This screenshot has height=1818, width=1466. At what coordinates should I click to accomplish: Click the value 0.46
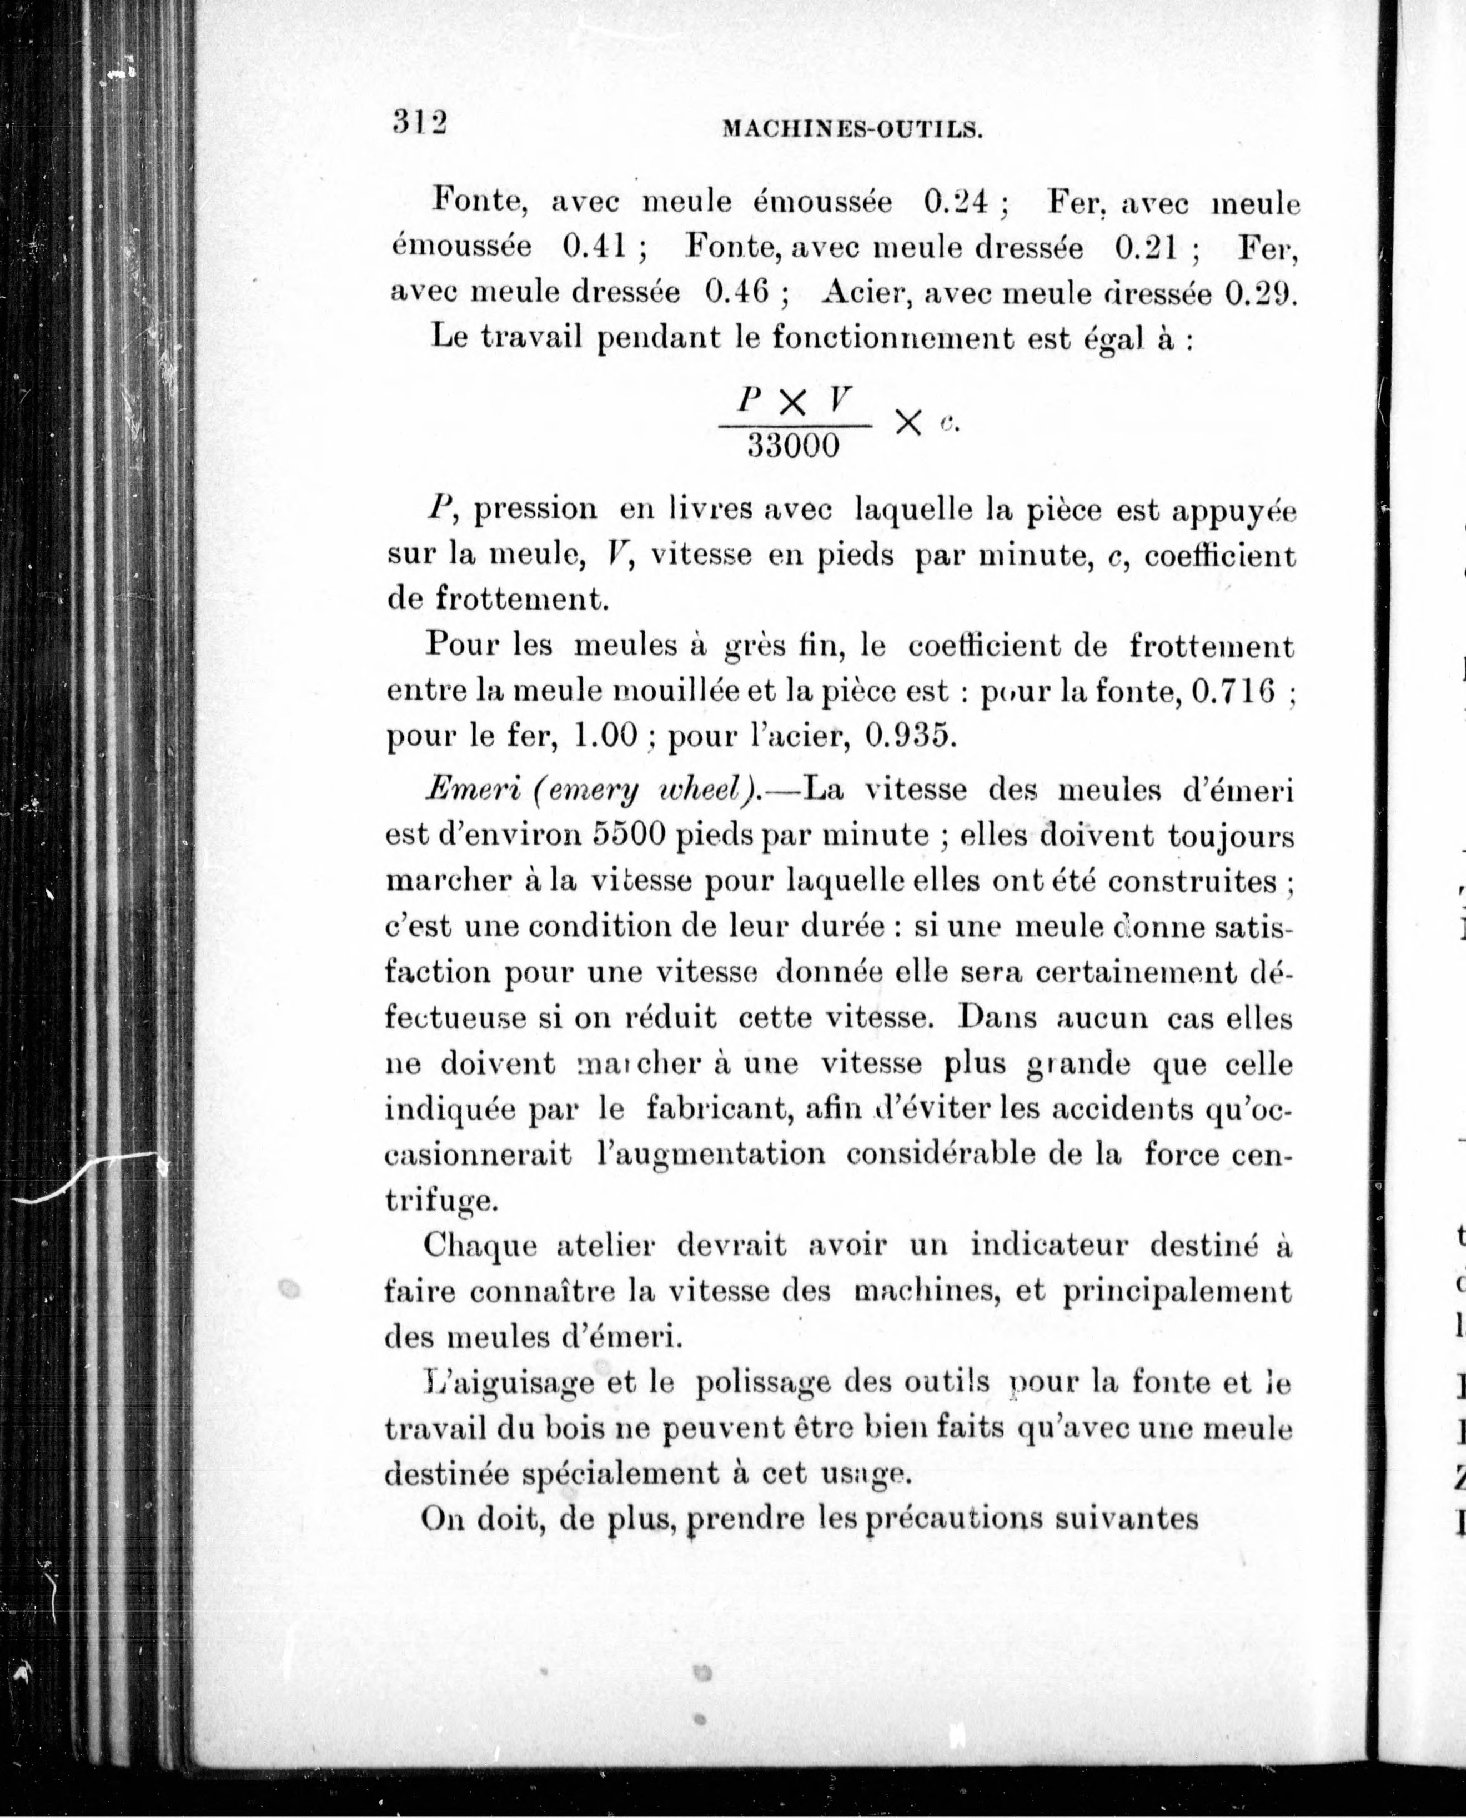pos(737,292)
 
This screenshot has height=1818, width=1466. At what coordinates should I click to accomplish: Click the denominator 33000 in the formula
pos(794,445)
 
